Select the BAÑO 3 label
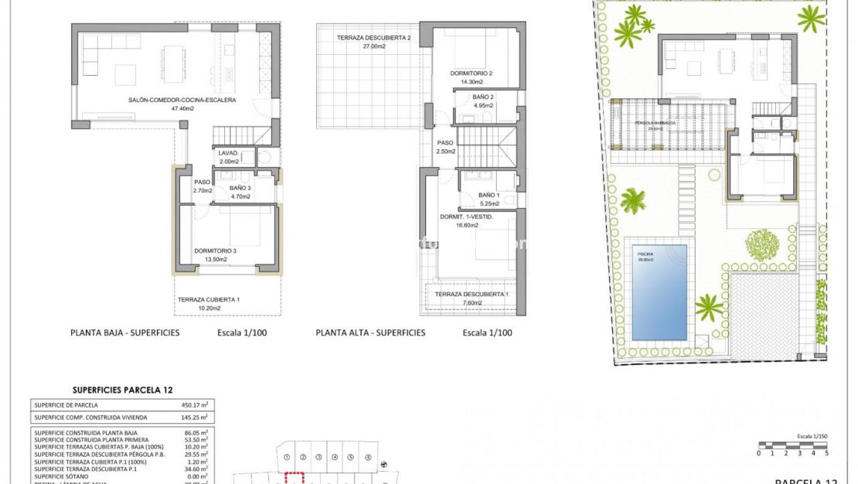[x=240, y=188]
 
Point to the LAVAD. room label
[x=230, y=152]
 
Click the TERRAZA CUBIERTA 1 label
[x=209, y=299]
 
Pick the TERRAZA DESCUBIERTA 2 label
[x=373, y=38]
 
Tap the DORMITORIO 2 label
[x=472, y=73]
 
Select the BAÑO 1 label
[x=489, y=195]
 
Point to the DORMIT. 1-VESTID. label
[x=467, y=217]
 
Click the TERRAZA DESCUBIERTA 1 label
[x=471, y=295]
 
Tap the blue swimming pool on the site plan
[x=659, y=292]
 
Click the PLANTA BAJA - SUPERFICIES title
[x=125, y=333]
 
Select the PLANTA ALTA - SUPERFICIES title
[x=370, y=333]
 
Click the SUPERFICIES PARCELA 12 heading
[x=122, y=390]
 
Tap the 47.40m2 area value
[x=182, y=109]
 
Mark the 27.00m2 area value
[x=373, y=46]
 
